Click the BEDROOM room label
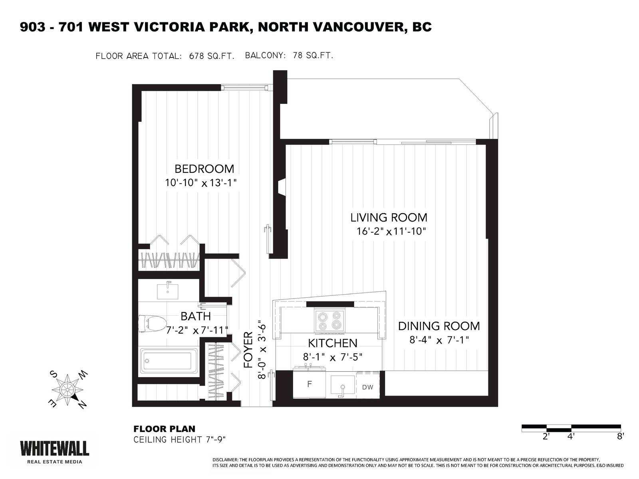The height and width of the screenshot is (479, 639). [x=204, y=169]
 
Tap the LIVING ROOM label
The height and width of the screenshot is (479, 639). [x=389, y=218]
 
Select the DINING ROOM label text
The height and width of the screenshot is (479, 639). [x=439, y=326]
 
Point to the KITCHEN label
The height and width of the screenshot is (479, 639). [x=332, y=343]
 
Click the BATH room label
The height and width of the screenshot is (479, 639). [x=195, y=316]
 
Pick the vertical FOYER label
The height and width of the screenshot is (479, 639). [x=248, y=350]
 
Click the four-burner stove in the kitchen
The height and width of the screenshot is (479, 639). [x=329, y=321]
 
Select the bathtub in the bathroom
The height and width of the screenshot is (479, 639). [x=169, y=362]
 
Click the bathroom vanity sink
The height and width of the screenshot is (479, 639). [x=167, y=291]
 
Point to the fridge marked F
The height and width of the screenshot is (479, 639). [x=309, y=384]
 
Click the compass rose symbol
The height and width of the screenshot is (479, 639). [x=67, y=389]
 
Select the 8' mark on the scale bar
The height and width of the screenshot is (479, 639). [x=620, y=437]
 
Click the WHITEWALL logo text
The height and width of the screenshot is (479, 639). [x=54, y=448]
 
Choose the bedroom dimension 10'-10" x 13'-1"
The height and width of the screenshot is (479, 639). [x=200, y=183]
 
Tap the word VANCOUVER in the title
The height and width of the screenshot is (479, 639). [x=343, y=27]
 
